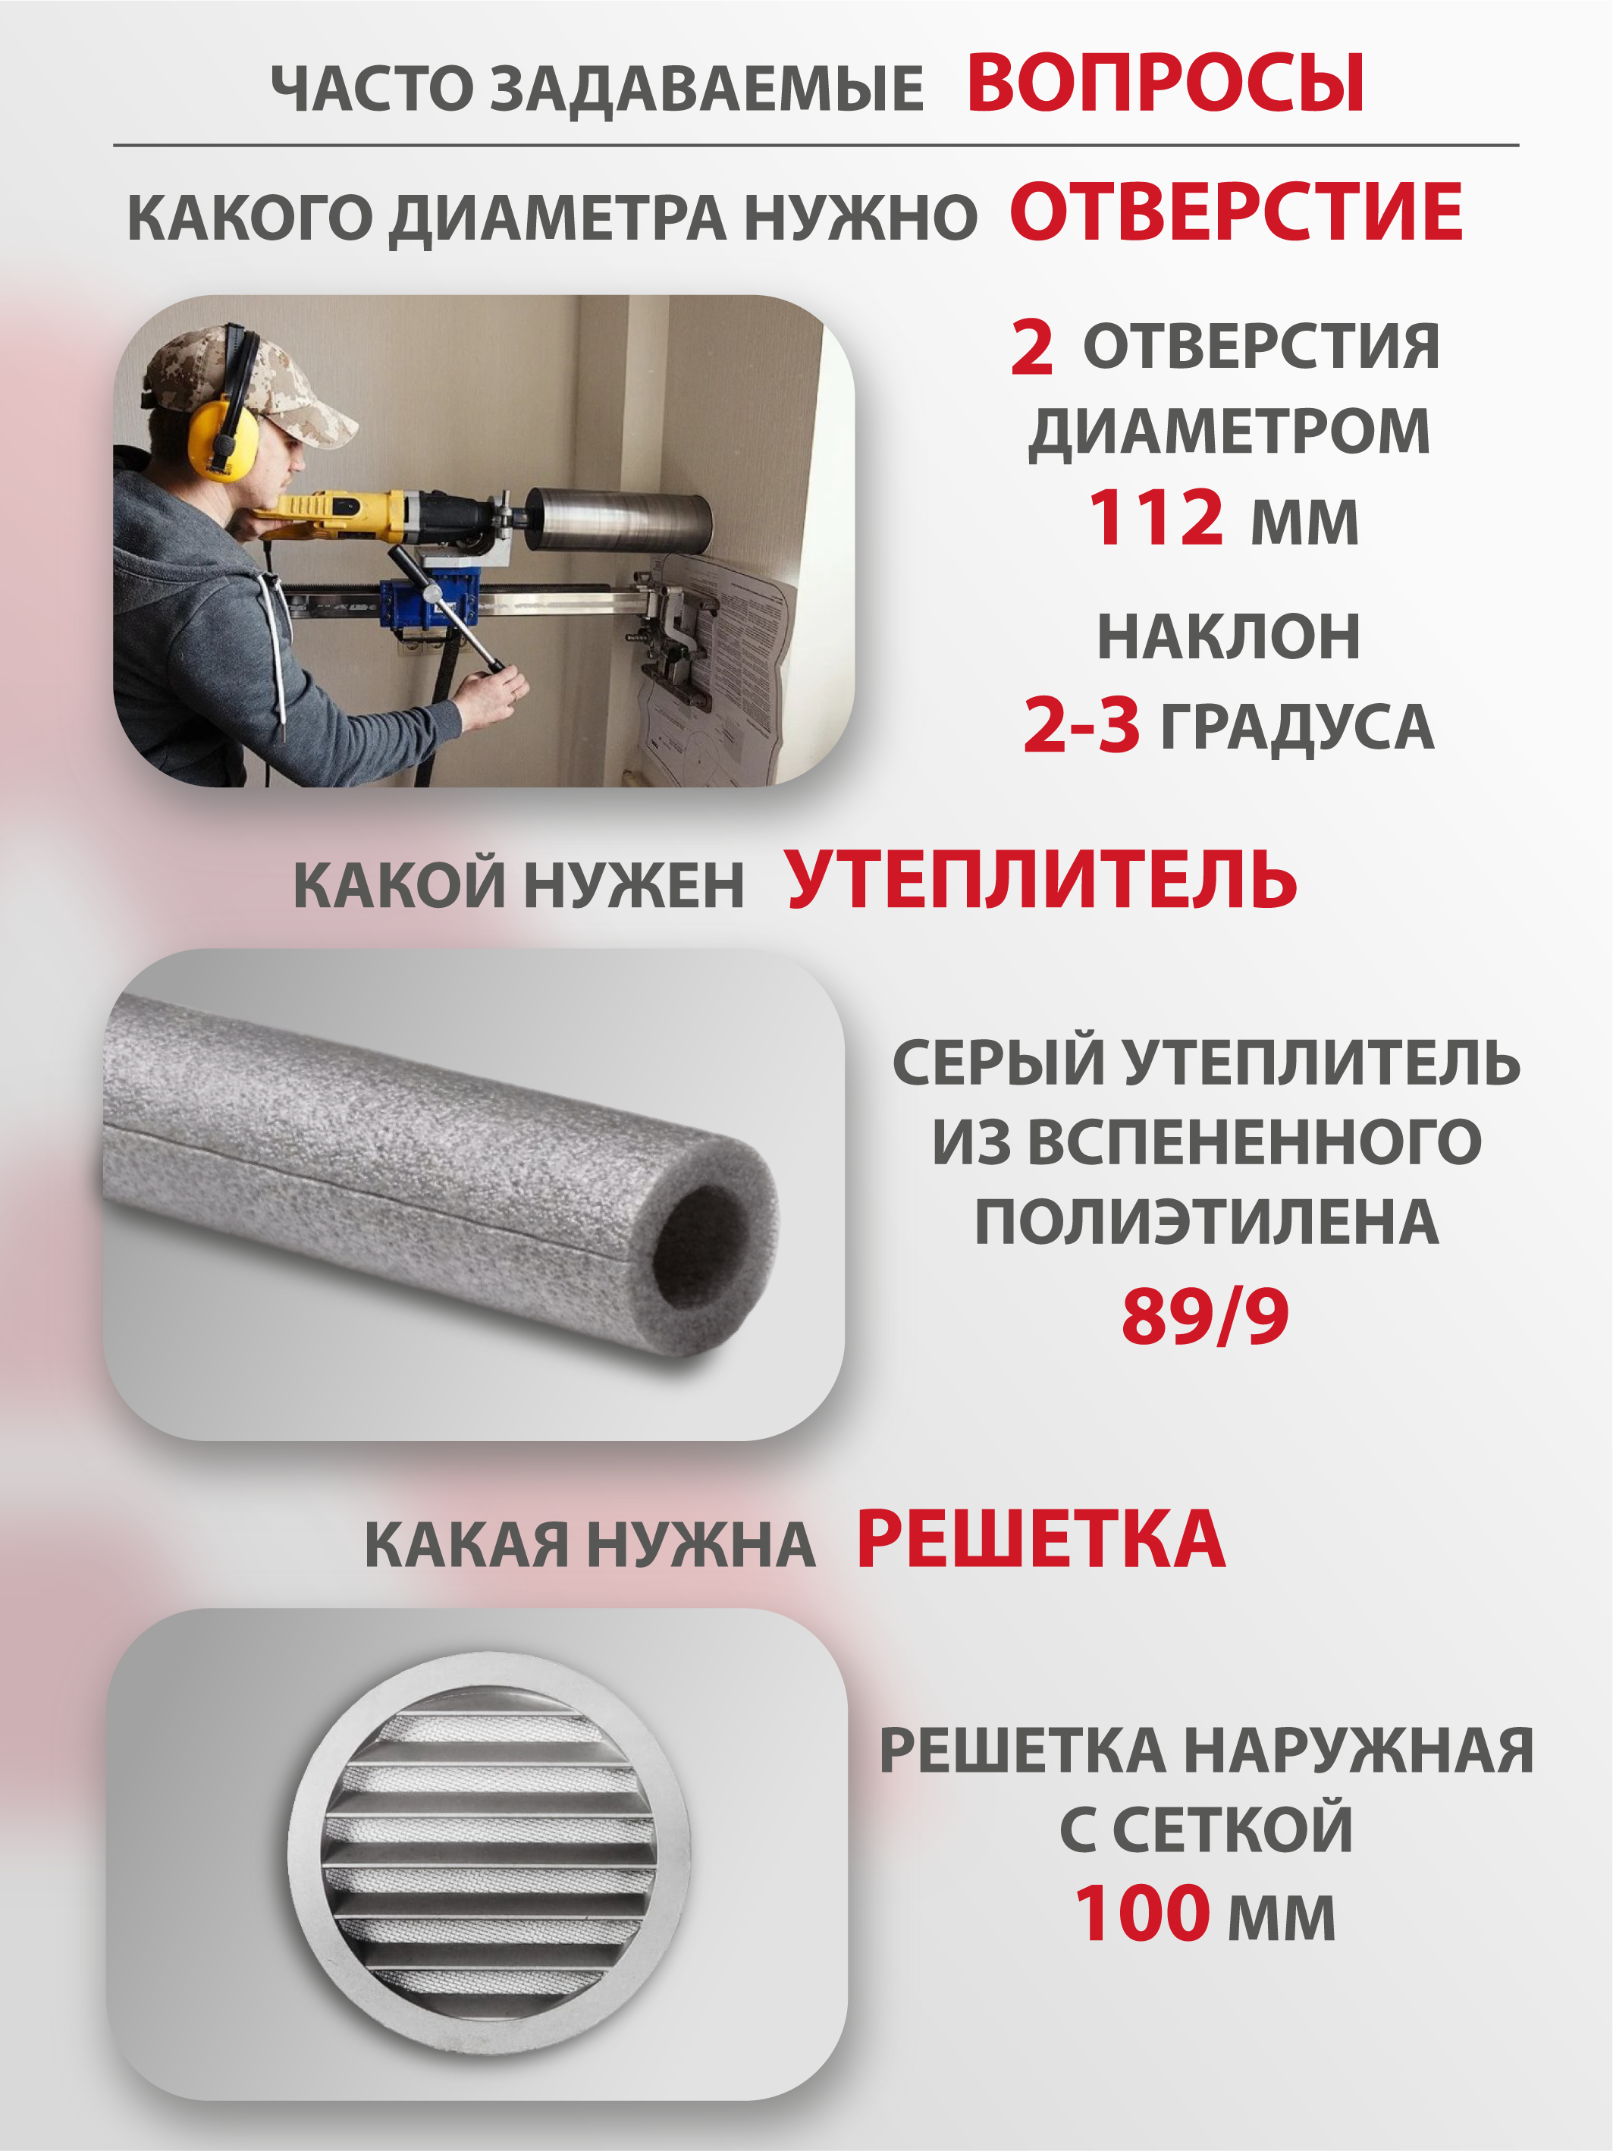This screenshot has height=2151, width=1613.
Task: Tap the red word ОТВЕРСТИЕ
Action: point(1237,213)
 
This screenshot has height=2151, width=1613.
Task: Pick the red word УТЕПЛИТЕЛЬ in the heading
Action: point(1042,879)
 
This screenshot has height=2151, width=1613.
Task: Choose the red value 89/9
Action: point(1206,1317)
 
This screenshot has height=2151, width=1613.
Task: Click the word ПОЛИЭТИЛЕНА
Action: point(1207,1223)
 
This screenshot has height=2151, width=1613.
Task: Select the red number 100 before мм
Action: point(1141,1914)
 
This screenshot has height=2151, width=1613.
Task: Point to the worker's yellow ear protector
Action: point(224,430)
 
